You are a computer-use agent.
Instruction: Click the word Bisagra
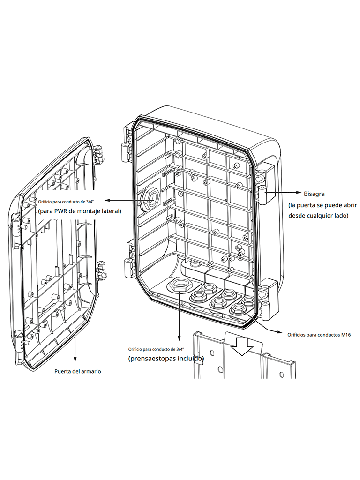click(x=315, y=193)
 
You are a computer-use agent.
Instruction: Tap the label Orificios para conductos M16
click(x=319, y=335)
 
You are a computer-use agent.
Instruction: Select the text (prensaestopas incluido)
click(x=166, y=359)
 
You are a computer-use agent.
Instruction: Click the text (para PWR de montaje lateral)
click(x=80, y=211)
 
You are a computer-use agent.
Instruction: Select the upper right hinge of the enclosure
click(x=262, y=184)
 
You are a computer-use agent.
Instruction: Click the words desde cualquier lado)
click(x=318, y=216)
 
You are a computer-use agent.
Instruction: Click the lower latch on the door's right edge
click(x=100, y=271)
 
